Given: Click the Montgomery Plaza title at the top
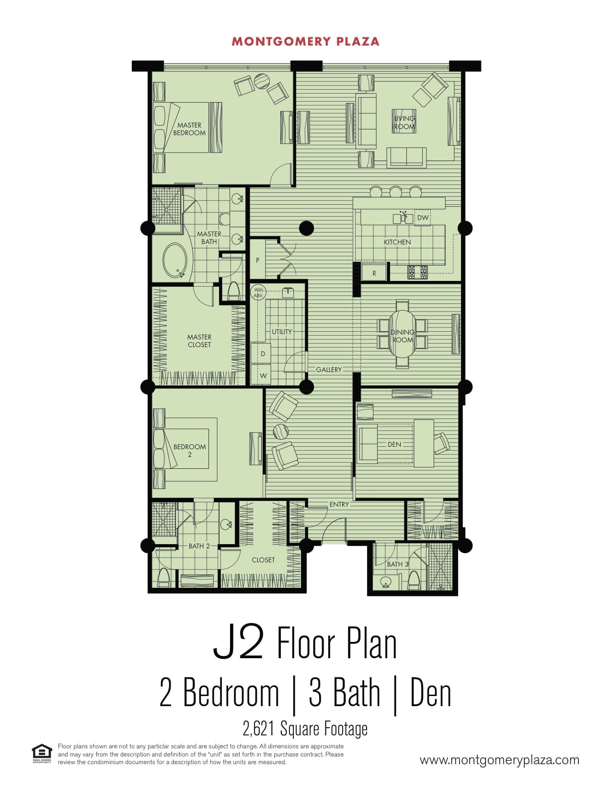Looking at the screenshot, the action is pos(305,42).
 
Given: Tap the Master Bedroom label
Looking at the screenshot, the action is pos(189,129).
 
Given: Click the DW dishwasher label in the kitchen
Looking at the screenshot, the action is pos(423,218).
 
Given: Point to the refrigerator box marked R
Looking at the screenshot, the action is pos(374,273).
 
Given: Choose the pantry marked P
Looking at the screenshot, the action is pos(258,260).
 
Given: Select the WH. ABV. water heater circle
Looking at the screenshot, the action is pos(258,292).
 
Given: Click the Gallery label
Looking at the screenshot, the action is pos(329,370).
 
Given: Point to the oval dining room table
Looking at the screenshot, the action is pos(402,334).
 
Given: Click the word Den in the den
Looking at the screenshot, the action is pos(394,444).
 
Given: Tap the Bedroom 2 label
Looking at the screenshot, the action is pos(189,450).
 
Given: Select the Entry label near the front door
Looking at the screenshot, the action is pos(339,504).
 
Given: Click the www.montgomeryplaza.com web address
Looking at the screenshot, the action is pos(499,760).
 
